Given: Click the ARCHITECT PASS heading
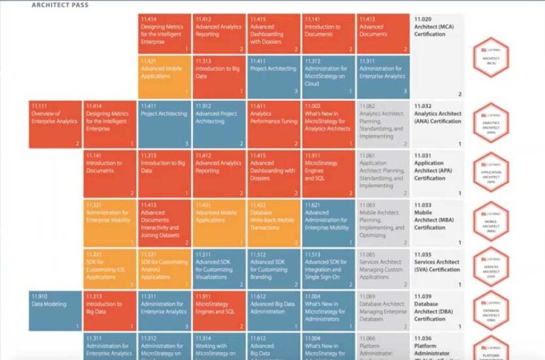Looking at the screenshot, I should tap(60, 5).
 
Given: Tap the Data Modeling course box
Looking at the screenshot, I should tap(55, 310).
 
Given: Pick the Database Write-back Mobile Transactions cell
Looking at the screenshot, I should tap(274, 222).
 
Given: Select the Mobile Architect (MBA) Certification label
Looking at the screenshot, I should tap(438, 222).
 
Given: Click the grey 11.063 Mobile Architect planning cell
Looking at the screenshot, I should tap(382, 222).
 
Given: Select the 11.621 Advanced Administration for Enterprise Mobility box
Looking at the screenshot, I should tap(328, 222).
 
